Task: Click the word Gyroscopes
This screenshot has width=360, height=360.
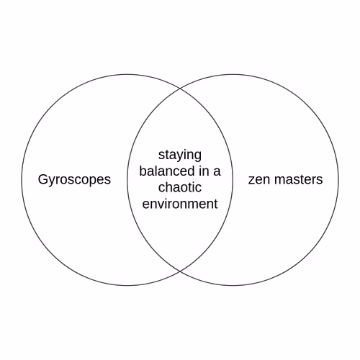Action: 74,180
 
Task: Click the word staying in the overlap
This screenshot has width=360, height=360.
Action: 180,156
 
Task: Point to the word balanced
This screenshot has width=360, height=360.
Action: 167,171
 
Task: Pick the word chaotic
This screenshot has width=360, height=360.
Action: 180,187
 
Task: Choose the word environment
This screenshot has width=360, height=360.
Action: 180,204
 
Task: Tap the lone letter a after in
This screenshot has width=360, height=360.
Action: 217,173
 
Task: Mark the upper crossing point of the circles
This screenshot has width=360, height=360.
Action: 180,89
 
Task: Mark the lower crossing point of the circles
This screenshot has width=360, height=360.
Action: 180,271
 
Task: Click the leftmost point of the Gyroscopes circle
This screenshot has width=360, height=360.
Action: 22,180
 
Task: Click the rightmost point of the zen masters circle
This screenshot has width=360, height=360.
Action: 338,180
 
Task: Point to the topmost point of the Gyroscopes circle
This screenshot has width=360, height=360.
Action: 127,74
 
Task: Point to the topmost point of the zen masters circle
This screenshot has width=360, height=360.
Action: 233,74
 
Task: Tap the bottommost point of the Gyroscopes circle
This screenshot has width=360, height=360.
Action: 127,286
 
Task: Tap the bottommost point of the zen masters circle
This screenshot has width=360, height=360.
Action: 233,286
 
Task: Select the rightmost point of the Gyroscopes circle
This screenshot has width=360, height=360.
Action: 233,180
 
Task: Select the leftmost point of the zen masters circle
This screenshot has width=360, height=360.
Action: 127,180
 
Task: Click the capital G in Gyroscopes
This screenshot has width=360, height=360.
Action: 42,179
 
